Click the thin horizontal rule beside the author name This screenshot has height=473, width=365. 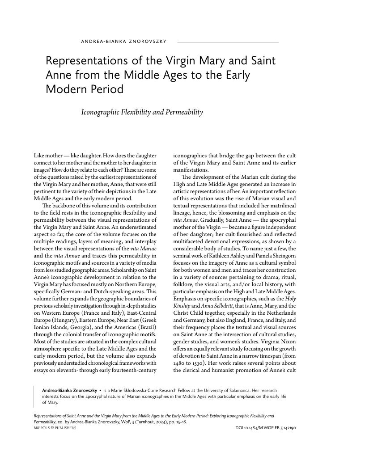coord(228,42)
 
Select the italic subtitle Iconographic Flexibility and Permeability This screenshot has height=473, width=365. coord(142,112)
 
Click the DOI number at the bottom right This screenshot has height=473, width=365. coord(266,428)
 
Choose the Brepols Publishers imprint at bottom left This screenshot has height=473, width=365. coord(55,428)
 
